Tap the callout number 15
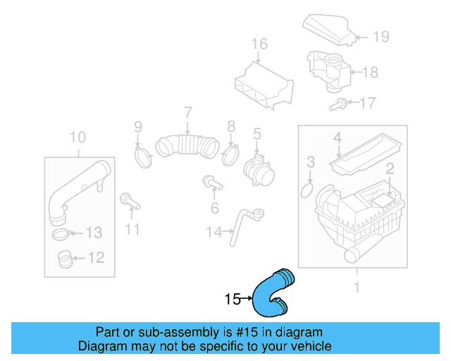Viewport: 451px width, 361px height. point(233,299)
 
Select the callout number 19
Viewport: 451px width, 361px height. point(381,37)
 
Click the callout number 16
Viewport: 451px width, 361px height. point(259,44)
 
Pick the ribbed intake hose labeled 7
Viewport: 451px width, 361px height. point(189,144)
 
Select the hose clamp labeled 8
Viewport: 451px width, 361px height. point(230,154)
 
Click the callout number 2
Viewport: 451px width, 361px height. point(388,168)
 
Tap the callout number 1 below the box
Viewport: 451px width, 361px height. point(356,287)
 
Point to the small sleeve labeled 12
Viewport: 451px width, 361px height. point(64,259)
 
